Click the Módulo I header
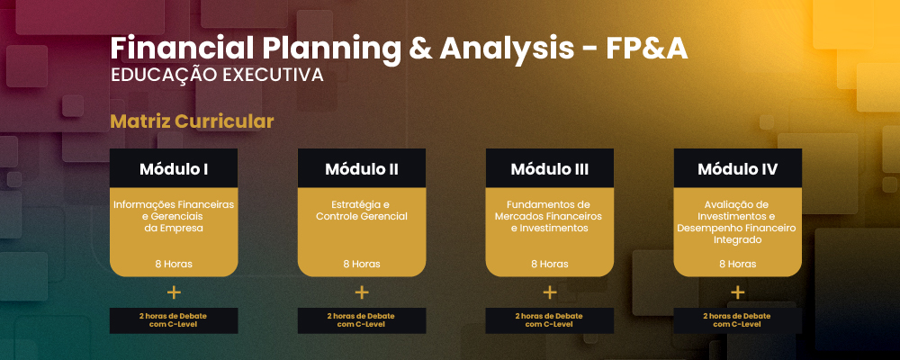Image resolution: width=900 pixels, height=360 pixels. (174, 168)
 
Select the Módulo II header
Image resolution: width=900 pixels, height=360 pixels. (362, 168)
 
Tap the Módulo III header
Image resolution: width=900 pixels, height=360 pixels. (549, 168)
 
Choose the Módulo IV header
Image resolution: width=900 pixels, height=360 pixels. (738, 168)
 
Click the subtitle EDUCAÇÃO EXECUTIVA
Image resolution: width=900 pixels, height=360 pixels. (217, 76)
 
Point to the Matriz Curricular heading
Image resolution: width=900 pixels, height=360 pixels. (192, 121)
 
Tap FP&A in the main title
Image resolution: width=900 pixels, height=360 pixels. (646, 49)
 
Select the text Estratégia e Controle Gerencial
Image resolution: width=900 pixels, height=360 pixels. (362, 210)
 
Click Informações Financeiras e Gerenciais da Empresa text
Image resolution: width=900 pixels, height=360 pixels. (174, 216)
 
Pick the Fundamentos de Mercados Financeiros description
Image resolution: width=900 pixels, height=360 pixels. (549, 216)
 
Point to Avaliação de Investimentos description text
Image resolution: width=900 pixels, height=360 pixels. (738, 221)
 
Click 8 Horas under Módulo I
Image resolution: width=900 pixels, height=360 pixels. (174, 264)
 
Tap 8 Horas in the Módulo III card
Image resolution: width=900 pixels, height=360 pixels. (549, 264)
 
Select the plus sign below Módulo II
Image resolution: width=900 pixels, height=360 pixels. (362, 292)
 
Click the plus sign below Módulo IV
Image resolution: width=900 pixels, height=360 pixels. (738, 292)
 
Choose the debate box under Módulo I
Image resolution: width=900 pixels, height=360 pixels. (174, 320)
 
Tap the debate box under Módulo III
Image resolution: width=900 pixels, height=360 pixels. (549, 320)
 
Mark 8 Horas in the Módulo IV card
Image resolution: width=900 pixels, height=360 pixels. (738, 264)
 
